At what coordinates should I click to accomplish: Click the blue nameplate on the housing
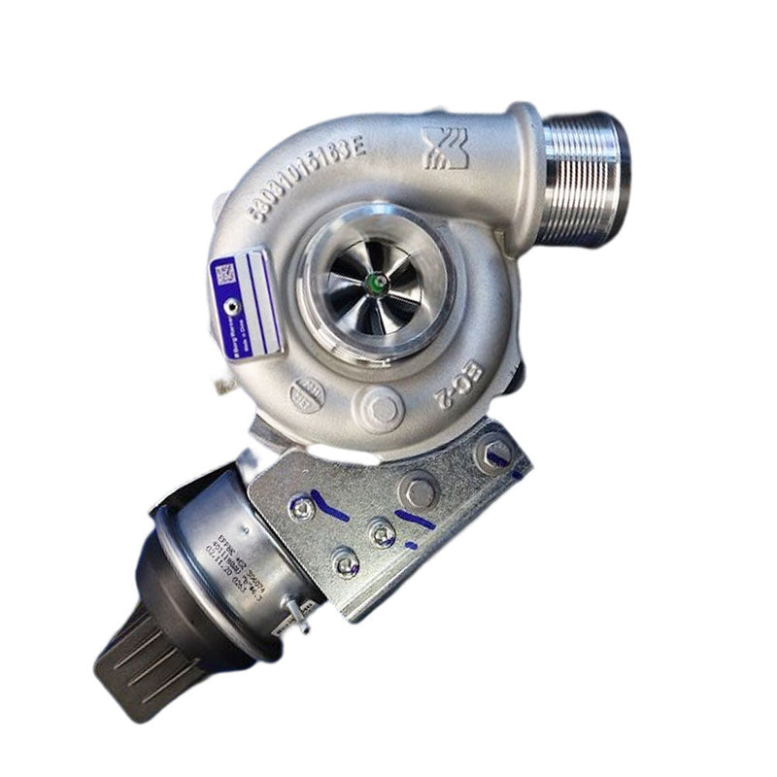pyautogui.click(x=246, y=302)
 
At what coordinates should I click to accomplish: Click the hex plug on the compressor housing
pyautogui.click(x=384, y=408)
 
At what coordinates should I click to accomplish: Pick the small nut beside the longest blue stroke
pyautogui.click(x=304, y=508)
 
